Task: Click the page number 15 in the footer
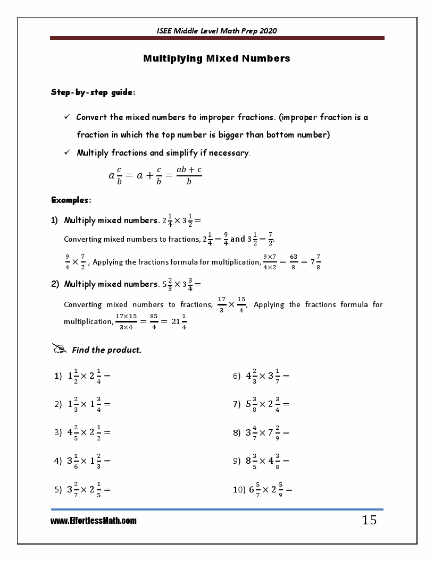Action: [369, 520]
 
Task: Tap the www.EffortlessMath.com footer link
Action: [94, 521]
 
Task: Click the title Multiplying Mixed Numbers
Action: [216, 58]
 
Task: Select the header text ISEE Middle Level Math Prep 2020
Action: [216, 31]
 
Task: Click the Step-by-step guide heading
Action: [93, 92]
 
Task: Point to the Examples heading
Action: [71, 200]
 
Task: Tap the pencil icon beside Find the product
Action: [60, 349]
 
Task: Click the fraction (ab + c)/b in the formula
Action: [189, 175]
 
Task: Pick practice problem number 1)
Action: [59, 376]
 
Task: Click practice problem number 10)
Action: [239, 490]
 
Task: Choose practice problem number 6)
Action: [237, 376]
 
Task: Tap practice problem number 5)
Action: [59, 490]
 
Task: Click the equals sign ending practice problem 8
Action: [286, 433]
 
